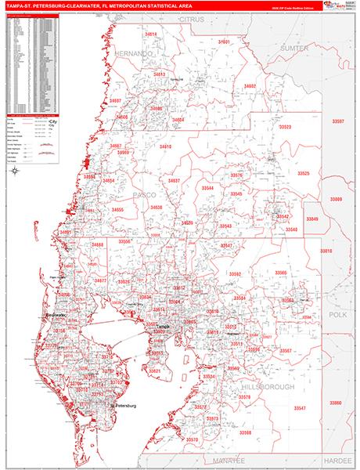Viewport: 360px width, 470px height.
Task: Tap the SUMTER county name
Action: (x=294, y=48)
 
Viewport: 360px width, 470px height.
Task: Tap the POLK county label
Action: (x=337, y=313)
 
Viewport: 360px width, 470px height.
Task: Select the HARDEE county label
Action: (x=338, y=460)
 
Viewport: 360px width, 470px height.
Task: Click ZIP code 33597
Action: (x=337, y=121)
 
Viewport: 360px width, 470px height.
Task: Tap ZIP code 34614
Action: (x=150, y=34)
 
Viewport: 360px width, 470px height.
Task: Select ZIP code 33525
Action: (x=303, y=173)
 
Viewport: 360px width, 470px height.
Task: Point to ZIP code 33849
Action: (x=312, y=219)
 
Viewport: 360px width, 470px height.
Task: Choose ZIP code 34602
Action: (x=250, y=86)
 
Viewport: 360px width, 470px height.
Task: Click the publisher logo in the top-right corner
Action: (x=339, y=7)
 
